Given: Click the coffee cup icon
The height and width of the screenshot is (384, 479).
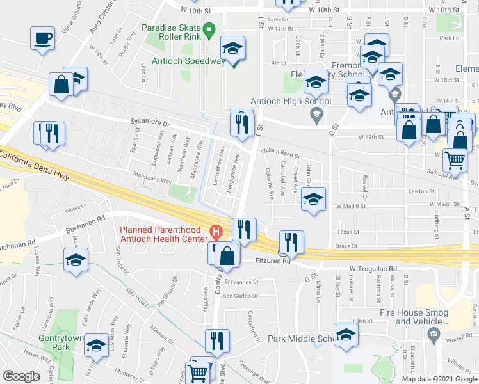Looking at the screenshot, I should click(42, 38).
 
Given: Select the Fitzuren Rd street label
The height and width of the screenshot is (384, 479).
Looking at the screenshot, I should click(273, 261).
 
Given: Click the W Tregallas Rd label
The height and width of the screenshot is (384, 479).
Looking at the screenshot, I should click(373, 269).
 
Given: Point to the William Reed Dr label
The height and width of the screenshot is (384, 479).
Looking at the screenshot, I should click(280, 154).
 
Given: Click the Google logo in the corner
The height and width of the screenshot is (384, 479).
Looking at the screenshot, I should click(21, 376).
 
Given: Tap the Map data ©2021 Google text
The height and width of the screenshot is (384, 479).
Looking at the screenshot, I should click(439, 379).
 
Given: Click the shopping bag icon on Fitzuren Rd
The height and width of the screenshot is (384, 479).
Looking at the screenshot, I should click(227, 254).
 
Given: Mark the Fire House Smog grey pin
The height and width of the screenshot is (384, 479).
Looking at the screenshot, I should click(434, 333).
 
